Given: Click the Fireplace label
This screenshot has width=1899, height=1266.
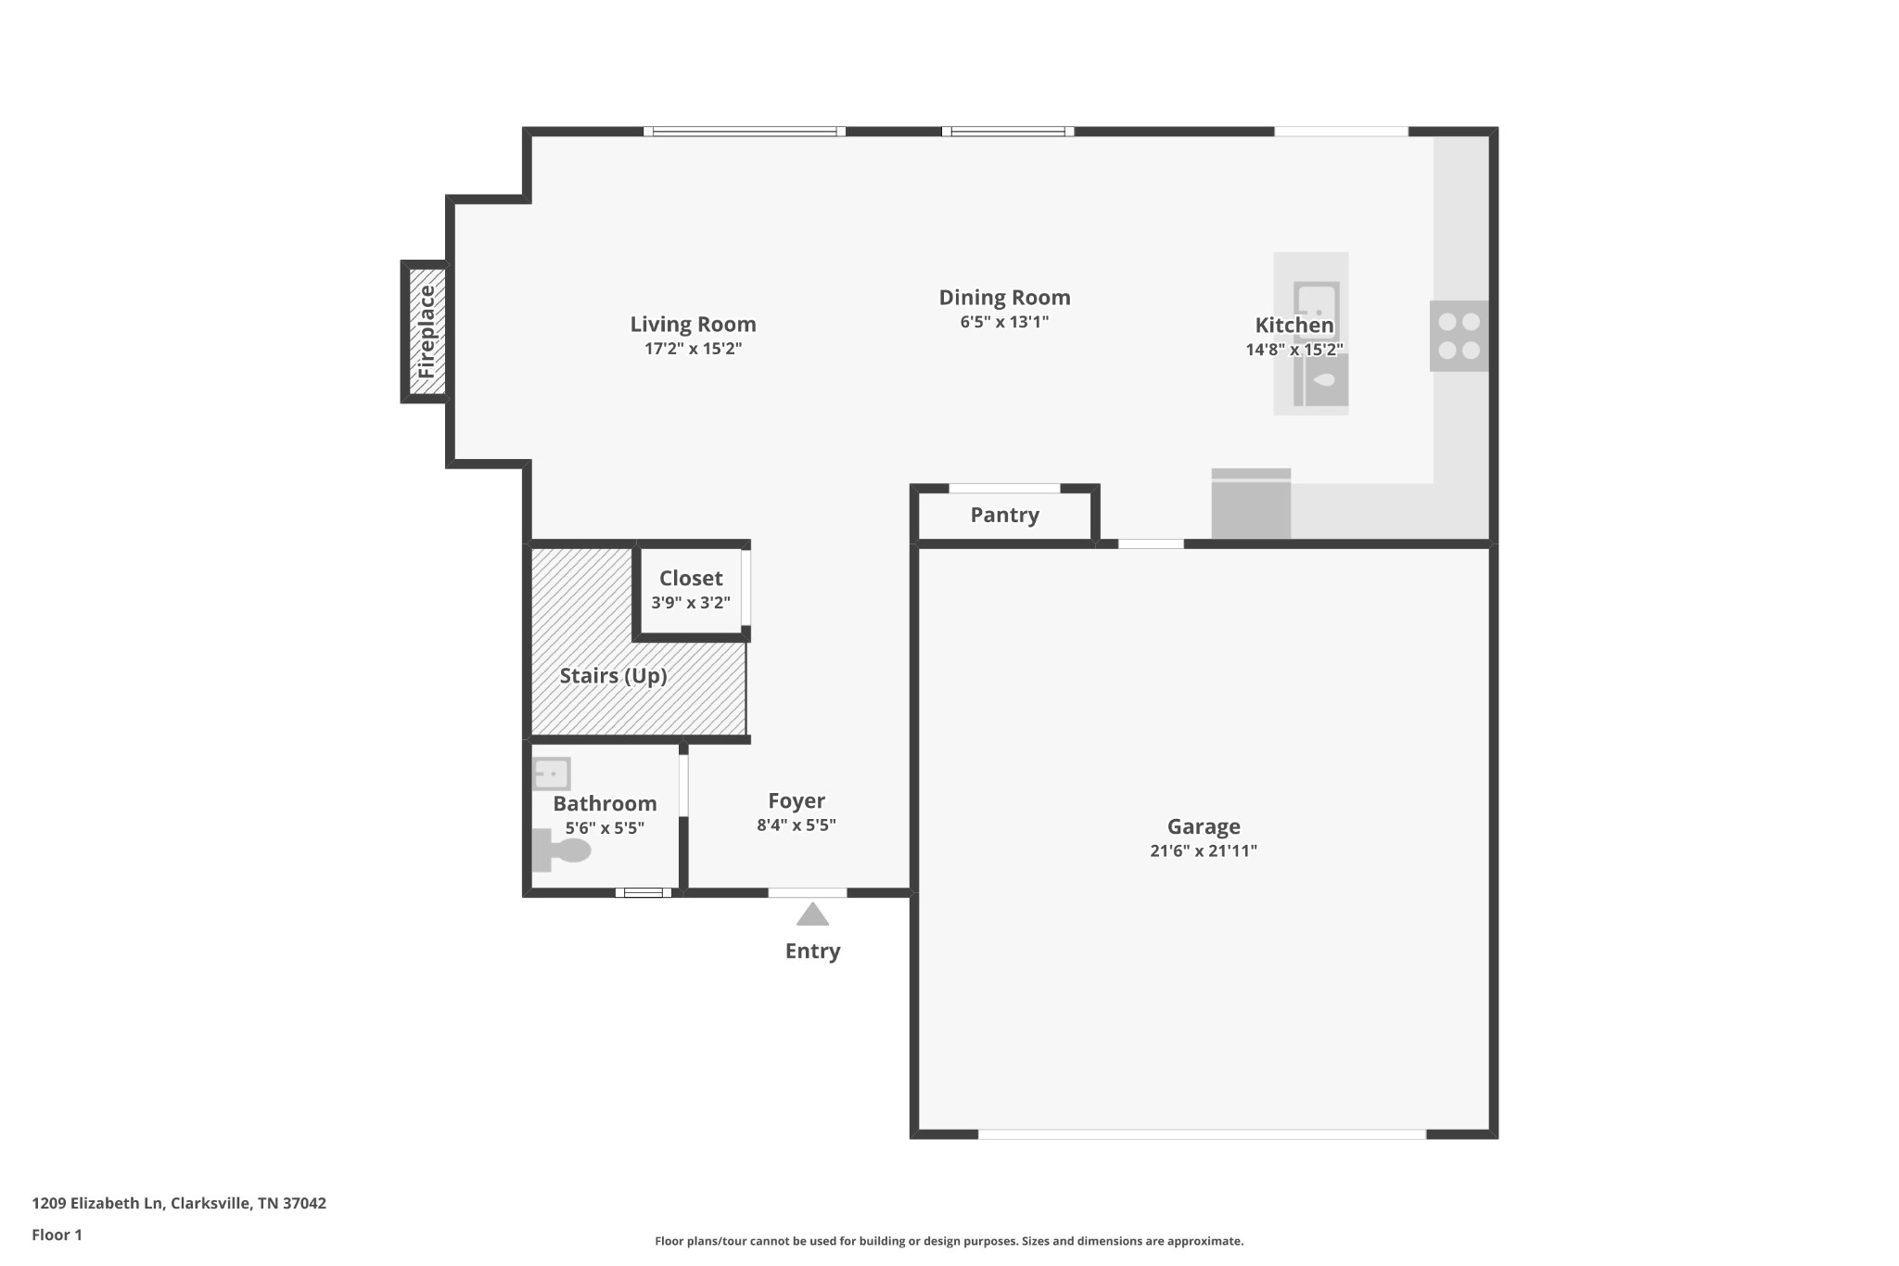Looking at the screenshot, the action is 427,331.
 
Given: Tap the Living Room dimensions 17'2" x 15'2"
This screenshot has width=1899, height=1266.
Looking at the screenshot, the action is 694,349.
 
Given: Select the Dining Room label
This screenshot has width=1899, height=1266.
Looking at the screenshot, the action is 1004,298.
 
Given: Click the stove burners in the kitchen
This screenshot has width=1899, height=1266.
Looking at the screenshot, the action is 1459,336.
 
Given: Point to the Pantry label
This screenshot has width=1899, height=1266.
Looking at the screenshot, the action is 1004,515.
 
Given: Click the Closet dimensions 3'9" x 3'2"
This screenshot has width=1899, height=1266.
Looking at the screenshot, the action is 691,603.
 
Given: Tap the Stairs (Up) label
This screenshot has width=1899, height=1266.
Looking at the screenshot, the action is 613,675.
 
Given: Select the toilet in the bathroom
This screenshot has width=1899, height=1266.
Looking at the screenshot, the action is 561,850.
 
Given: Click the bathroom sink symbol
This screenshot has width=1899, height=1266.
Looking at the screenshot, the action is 552,774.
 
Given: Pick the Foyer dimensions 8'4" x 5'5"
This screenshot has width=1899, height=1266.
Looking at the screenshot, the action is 797,825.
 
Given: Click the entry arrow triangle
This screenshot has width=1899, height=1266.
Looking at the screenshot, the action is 813,914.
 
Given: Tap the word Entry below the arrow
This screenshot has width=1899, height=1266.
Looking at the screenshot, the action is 813,951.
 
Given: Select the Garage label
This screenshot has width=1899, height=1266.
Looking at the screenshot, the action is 1204,826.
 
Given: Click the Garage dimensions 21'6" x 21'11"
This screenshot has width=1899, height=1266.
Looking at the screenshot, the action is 1204,850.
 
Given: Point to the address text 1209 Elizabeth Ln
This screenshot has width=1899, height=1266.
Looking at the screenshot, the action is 98,1203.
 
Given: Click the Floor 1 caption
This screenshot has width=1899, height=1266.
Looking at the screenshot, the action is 57,1234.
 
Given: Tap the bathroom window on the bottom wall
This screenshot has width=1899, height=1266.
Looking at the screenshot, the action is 644,893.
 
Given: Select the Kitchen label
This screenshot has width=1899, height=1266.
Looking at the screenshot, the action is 1294,326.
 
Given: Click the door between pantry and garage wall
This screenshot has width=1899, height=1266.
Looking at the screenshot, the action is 1151,544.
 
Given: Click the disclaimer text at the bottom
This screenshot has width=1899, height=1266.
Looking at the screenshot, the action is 949,1241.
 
